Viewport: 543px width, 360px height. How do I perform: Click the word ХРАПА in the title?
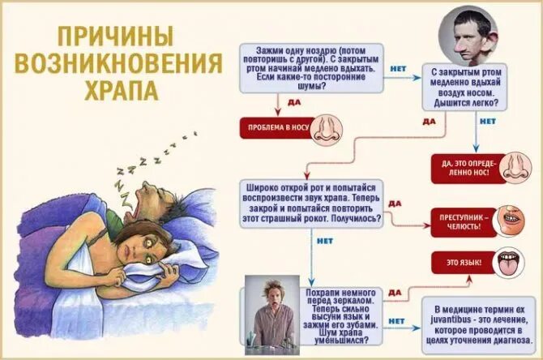pyautogui.click(x=121, y=88)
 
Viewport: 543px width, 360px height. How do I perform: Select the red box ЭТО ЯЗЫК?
pyautogui.click(x=456, y=264)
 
